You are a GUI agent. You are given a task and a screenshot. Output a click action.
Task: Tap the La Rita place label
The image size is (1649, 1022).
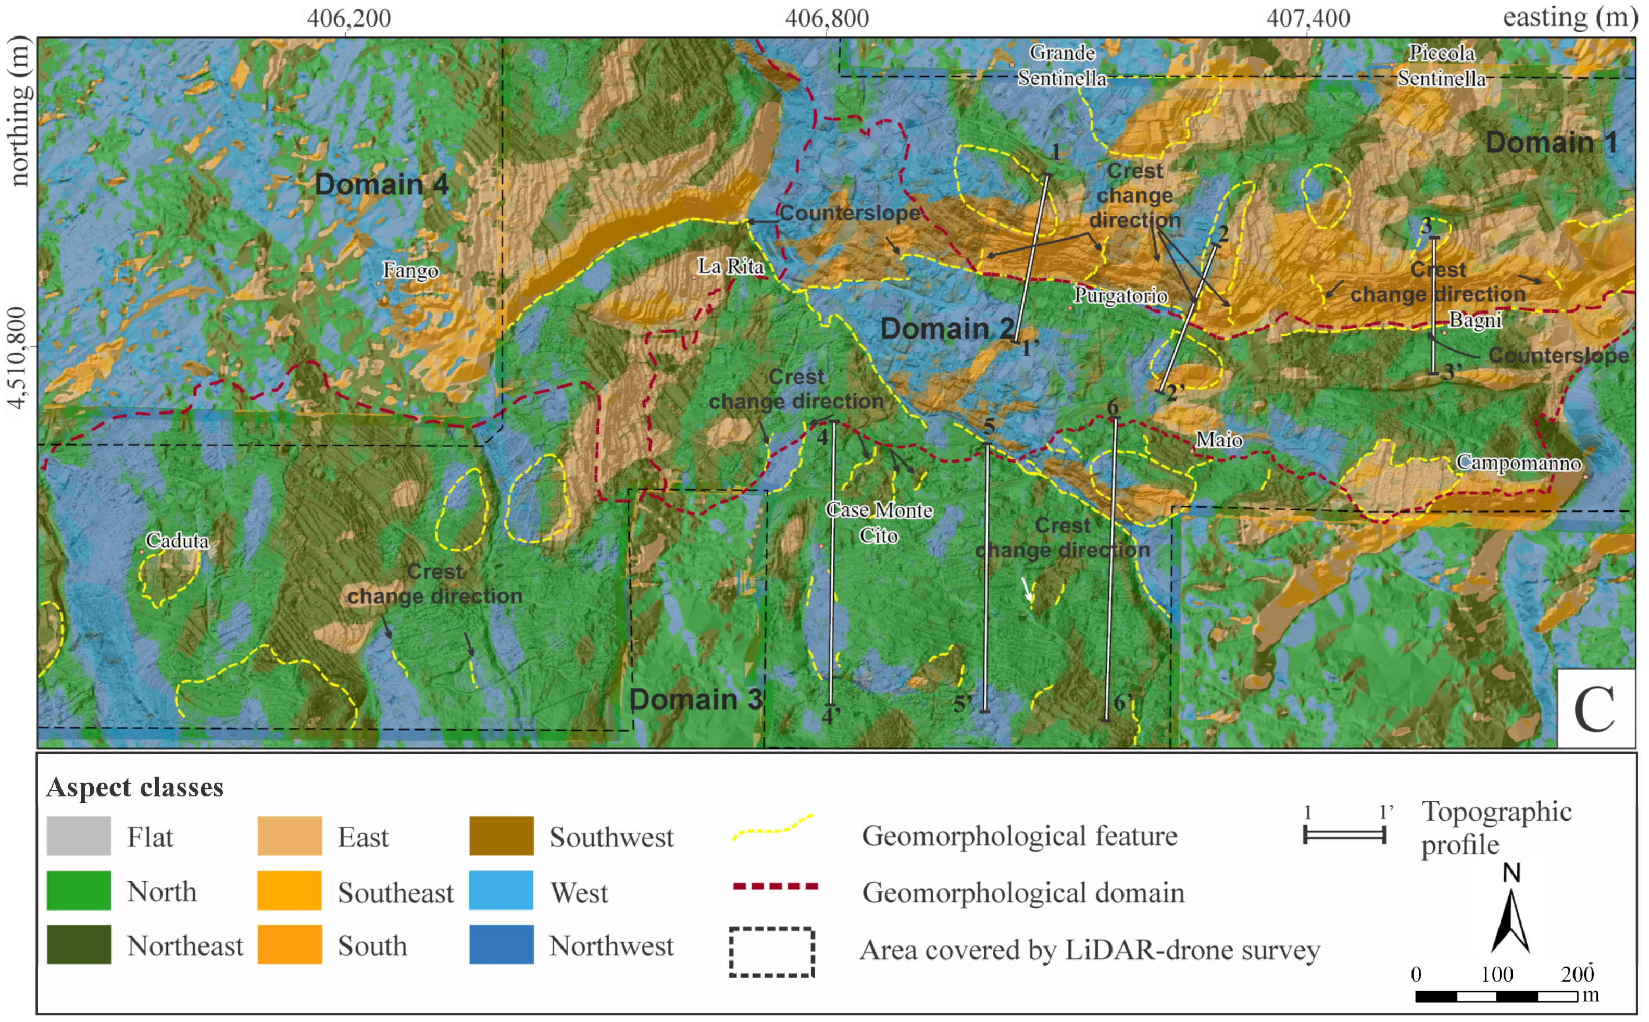click(x=731, y=266)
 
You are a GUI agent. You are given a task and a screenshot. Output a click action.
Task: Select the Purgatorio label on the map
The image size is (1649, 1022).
click(x=1120, y=295)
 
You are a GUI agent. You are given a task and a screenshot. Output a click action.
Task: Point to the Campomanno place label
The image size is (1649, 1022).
click(x=1518, y=463)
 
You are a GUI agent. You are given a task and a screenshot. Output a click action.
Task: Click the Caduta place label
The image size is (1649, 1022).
click(x=177, y=541)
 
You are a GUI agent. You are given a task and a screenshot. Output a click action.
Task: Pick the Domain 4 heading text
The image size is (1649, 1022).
click(x=381, y=184)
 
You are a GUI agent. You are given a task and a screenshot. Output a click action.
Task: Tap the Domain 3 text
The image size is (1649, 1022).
click(x=695, y=700)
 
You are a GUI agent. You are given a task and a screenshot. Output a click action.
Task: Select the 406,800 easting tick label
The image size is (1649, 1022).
click(x=827, y=18)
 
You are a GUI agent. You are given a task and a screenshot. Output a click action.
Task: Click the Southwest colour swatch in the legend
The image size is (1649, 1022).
click(x=502, y=836)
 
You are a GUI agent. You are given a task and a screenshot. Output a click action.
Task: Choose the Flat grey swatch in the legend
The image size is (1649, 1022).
click(x=79, y=836)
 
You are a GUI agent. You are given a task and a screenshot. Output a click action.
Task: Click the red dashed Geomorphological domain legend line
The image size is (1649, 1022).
click(x=775, y=886)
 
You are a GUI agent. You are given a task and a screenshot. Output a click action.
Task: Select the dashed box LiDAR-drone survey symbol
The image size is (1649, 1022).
click(x=772, y=952)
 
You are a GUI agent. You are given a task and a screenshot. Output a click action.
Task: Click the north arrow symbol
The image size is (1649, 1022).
click(x=1511, y=919)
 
